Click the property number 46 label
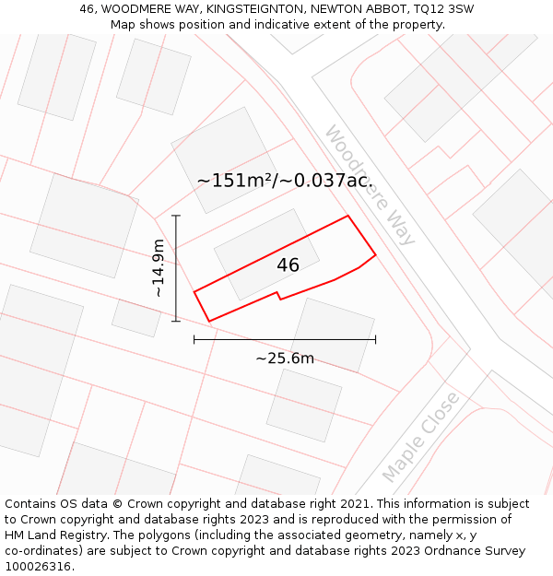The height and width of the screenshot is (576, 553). pos(288,265)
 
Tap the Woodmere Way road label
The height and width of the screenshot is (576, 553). pos(370,186)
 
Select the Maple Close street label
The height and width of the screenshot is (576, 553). pos(420,437)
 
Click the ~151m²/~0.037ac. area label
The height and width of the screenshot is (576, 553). pos(285,181)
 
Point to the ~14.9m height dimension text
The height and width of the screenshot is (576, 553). pos(158,267)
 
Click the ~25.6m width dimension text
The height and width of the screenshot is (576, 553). pos(285,359)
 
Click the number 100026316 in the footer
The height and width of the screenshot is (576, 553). pos(40,567)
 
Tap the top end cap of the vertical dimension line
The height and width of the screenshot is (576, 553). pos(176,216)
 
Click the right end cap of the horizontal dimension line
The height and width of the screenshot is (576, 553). pos(375,339)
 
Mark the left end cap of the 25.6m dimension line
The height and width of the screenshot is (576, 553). pos(194,339)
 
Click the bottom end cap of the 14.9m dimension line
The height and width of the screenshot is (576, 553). pos(176,321)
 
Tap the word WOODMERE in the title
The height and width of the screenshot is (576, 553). pos(135,9)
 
